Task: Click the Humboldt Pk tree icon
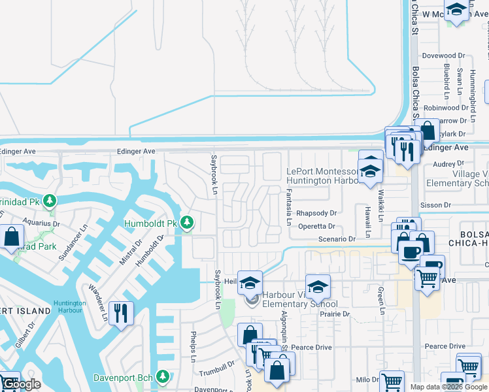click(188, 223)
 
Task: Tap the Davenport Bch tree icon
click(162, 377)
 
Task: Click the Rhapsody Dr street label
click(316, 213)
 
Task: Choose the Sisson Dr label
click(437, 205)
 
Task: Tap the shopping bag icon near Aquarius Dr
click(12, 237)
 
